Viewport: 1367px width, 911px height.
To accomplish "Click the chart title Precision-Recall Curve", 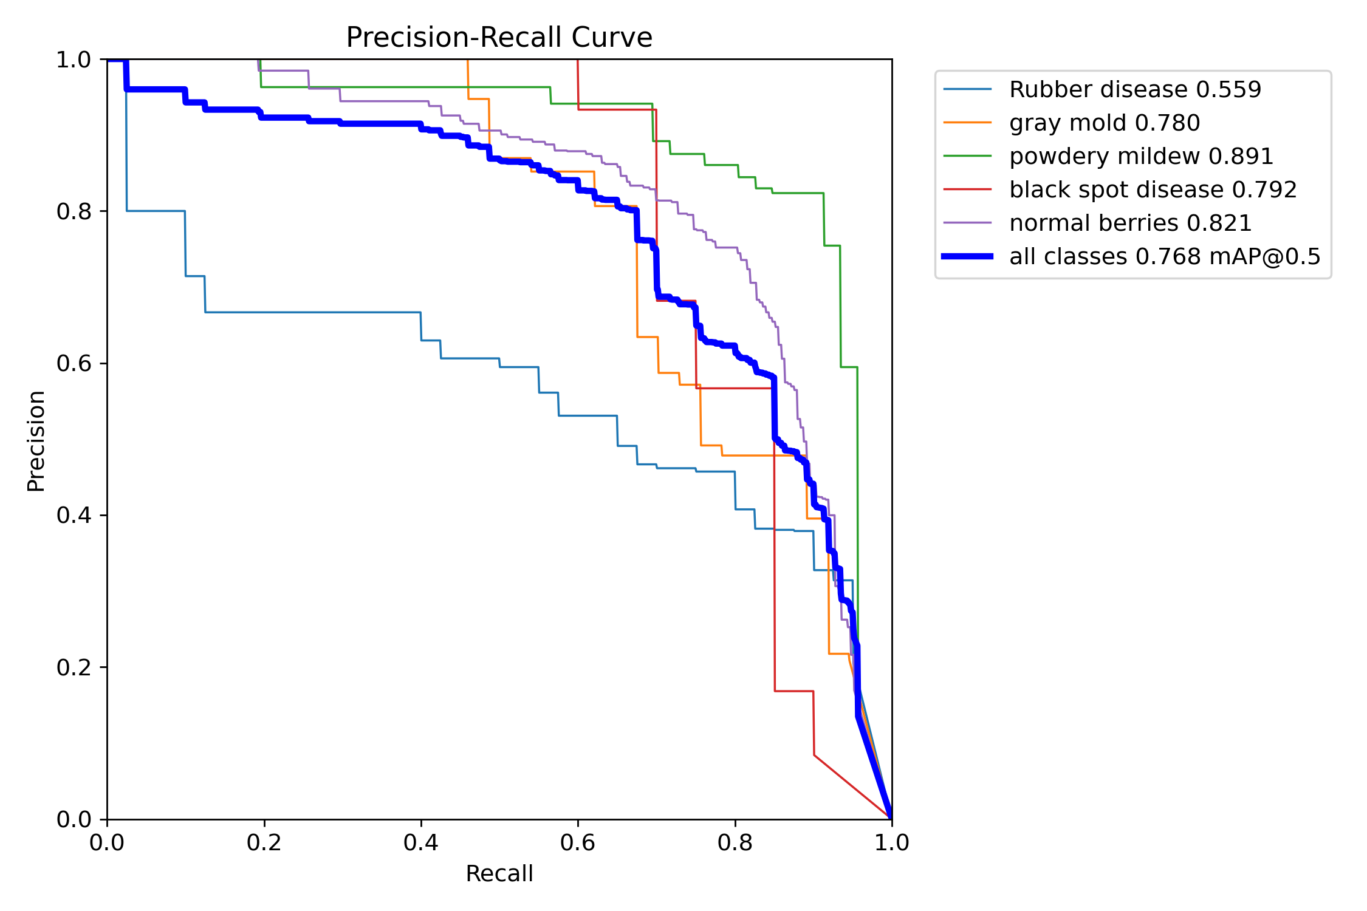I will (499, 38).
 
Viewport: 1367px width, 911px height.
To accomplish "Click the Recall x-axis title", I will (499, 874).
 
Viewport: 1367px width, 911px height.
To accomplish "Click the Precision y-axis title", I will (36, 440).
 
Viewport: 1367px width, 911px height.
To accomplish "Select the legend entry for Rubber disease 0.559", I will (1135, 90).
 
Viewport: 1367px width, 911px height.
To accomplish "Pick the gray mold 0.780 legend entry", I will (1104, 123).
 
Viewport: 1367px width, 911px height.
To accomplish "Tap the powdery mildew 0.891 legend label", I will (1141, 157).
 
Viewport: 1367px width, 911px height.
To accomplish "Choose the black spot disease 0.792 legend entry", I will (1153, 190).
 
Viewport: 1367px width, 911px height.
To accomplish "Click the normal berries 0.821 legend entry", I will (1130, 223).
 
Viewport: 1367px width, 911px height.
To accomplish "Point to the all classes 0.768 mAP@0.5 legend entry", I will (1165, 257).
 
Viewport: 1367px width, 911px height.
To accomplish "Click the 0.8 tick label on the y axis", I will (73, 211).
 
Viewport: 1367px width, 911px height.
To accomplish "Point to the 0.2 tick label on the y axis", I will (73, 667).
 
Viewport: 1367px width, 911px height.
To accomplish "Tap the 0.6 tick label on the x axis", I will (578, 843).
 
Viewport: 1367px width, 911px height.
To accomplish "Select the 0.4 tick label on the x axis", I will (421, 843).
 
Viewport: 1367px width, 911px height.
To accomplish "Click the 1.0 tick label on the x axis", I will (891, 843).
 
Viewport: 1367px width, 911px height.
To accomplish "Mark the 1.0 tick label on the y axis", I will (73, 60).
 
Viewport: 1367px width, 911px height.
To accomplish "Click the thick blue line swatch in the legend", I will (967, 257).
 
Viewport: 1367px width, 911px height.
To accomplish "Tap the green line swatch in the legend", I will (967, 157).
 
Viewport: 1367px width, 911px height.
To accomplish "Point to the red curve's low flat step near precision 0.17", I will (793, 691).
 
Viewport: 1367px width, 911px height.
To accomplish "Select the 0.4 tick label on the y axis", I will (73, 516).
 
